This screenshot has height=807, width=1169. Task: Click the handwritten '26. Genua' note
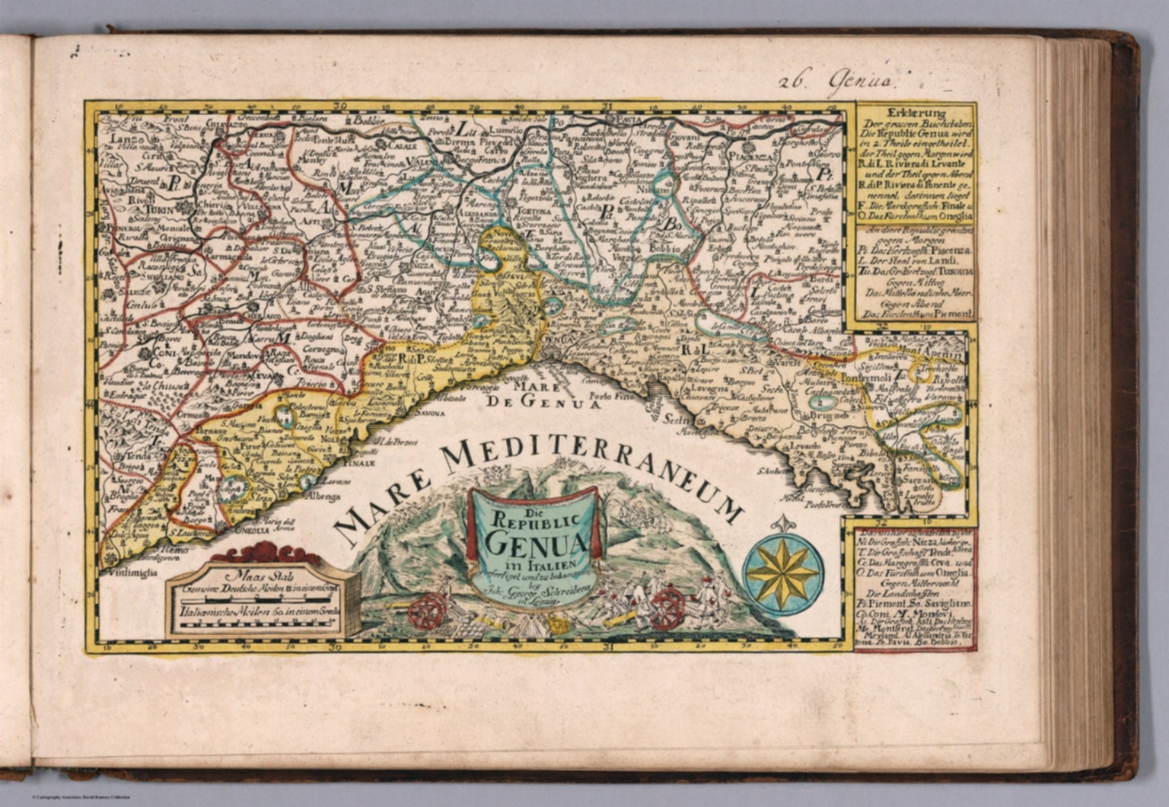pyautogui.click(x=836, y=77)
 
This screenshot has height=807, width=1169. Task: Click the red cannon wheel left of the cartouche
pyautogui.click(x=428, y=609)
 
